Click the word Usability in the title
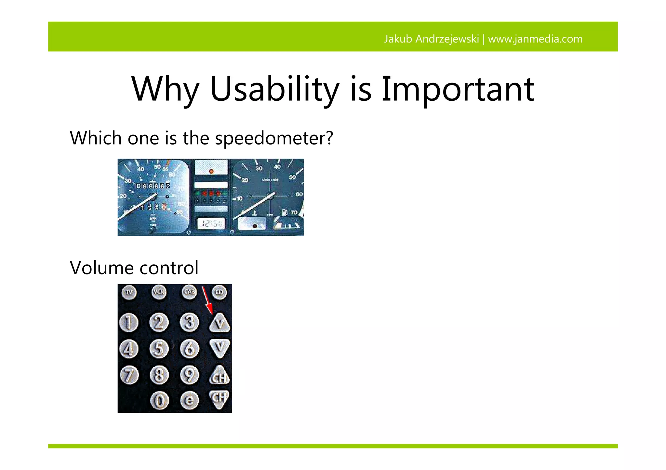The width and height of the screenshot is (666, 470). [x=275, y=89]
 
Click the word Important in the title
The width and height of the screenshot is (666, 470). [x=458, y=89]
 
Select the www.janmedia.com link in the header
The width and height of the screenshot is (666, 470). [x=535, y=39]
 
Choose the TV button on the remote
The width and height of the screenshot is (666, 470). [x=129, y=292]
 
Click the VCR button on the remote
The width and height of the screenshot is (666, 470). [x=159, y=292]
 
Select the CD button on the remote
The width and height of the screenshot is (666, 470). [x=219, y=292]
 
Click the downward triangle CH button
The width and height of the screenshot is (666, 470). [x=220, y=399]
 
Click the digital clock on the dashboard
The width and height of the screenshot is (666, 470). [x=211, y=223]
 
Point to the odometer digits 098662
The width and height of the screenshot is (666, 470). [x=153, y=186]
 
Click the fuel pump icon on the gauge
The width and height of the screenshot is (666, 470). [x=285, y=212]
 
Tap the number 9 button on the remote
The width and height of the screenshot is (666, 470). [x=190, y=375]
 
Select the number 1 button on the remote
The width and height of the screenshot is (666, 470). [x=129, y=323]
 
